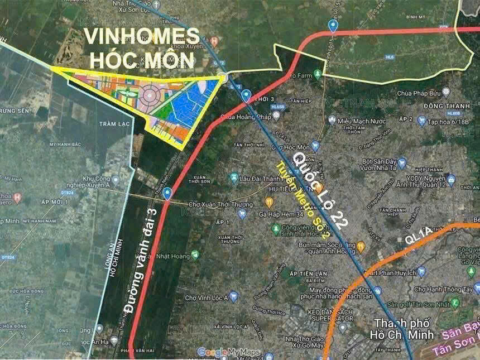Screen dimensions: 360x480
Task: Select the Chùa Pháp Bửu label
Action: coord(419,93)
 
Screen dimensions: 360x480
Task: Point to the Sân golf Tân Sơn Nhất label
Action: coord(417,304)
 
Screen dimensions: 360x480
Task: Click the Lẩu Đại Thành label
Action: coord(261,178)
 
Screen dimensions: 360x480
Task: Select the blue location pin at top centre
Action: coord(333,25)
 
